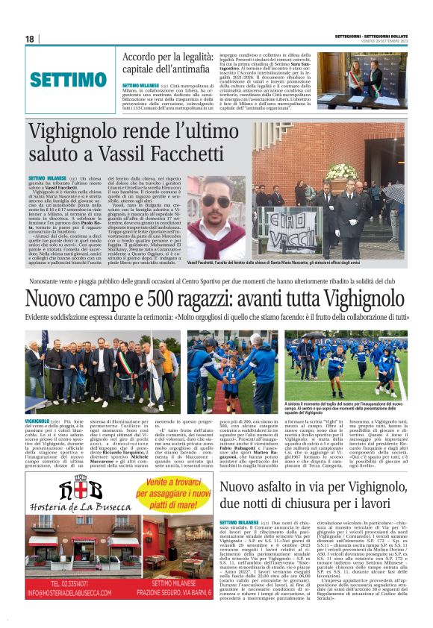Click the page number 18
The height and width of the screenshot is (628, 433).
30,39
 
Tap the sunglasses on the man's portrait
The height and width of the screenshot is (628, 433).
216,201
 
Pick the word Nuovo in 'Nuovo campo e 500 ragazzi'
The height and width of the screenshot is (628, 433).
51,300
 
